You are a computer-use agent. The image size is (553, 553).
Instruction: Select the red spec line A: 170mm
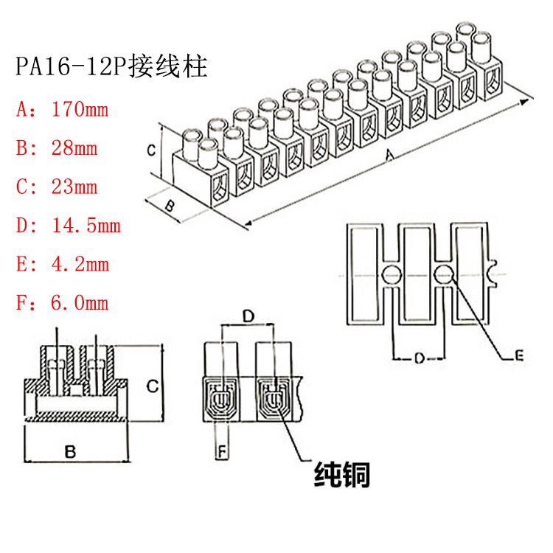click(x=62, y=111)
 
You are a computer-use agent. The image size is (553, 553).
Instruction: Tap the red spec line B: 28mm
click(x=57, y=148)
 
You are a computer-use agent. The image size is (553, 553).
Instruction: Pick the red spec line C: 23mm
click(x=57, y=187)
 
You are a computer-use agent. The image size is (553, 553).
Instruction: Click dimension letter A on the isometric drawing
click(x=392, y=155)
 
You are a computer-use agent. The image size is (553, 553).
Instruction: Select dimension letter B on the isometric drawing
click(x=169, y=206)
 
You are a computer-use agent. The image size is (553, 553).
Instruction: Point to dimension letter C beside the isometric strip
click(x=149, y=150)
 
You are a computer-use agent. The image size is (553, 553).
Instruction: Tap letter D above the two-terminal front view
click(x=248, y=316)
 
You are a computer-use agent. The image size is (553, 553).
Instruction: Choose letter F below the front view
click(x=219, y=449)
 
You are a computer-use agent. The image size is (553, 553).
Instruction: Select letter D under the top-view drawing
click(x=417, y=358)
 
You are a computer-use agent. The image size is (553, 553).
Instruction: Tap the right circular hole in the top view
click(x=444, y=276)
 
